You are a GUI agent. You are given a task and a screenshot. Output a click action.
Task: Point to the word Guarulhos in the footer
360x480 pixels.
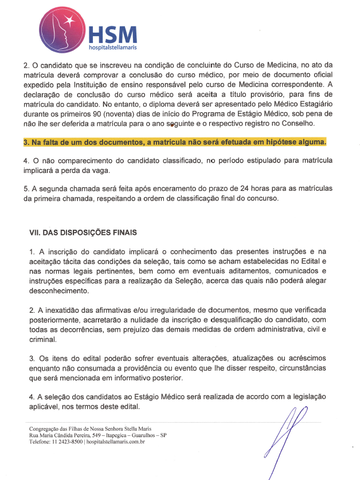(x=149, y=435)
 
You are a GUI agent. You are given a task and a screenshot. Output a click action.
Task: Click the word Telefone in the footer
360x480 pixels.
(x=42, y=442)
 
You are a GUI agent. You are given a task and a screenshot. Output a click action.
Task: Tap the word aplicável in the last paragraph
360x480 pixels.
(x=46, y=407)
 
